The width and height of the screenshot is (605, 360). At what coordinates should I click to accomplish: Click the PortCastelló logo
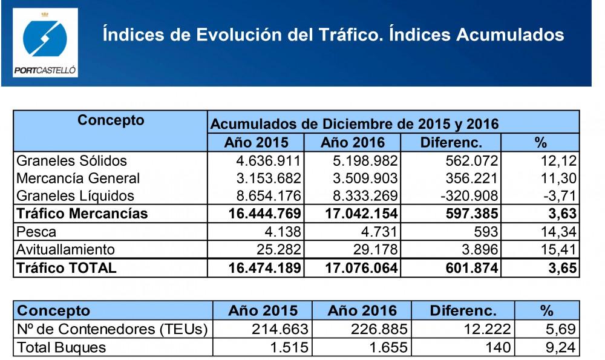45,42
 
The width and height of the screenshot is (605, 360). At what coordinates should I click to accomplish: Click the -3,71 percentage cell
559,196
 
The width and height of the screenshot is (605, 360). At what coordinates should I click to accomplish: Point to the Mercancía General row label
78,178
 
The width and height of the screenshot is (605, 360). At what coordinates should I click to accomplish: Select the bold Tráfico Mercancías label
82,214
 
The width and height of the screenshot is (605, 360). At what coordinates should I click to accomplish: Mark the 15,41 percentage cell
559,249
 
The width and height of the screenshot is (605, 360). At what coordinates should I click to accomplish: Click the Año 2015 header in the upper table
255,143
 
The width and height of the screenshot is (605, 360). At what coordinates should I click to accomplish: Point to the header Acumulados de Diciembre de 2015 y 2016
354,125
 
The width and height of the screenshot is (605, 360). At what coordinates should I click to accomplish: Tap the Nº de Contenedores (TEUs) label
112,330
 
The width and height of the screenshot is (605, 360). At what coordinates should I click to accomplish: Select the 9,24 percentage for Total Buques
562,348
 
